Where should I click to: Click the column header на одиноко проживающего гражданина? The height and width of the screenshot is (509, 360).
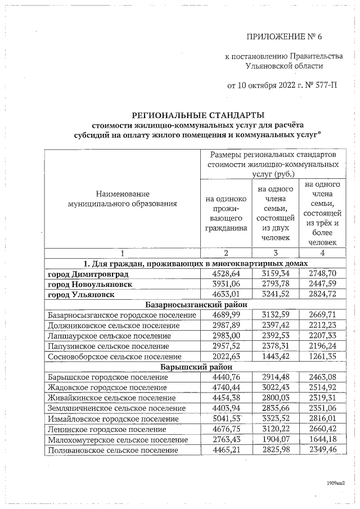(x=227, y=213)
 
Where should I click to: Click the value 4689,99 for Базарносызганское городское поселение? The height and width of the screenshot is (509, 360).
(x=227, y=315)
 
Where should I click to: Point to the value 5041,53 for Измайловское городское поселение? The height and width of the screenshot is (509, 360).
(x=227, y=418)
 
